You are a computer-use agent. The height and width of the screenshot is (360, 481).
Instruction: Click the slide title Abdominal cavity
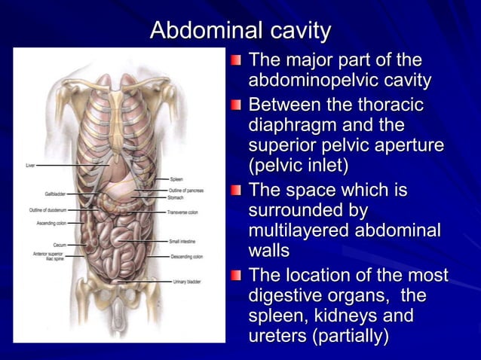240,31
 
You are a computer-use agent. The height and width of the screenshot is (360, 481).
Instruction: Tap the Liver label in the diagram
30,165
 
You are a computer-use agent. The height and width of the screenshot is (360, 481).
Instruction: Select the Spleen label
176,179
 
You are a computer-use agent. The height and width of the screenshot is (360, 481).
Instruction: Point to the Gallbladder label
55,194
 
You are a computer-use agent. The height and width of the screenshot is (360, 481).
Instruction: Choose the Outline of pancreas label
186,191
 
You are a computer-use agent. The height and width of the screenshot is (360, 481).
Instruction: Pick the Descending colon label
185,256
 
